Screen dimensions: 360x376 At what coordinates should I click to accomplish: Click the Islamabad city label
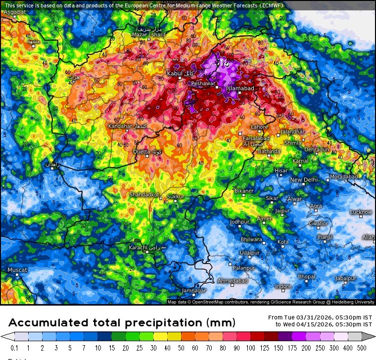click(x=240, y=88)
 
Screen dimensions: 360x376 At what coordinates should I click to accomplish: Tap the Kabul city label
click(x=175, y=74)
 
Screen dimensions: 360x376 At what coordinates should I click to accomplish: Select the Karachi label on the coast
click(x=138, y=247)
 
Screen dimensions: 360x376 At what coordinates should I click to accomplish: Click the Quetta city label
click(x=141, y=152)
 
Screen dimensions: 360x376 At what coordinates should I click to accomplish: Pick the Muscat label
click(x=17, y=270)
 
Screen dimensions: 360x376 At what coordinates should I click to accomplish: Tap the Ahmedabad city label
click(x=233, y=281)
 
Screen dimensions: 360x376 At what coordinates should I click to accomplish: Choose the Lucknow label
click(x=361, y=212)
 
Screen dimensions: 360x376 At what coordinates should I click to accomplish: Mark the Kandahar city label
click(x=120, y=127)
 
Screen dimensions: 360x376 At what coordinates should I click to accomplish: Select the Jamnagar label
click(x=193, y=290)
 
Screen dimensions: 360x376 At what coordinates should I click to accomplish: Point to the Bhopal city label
click(x=306, y=276)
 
